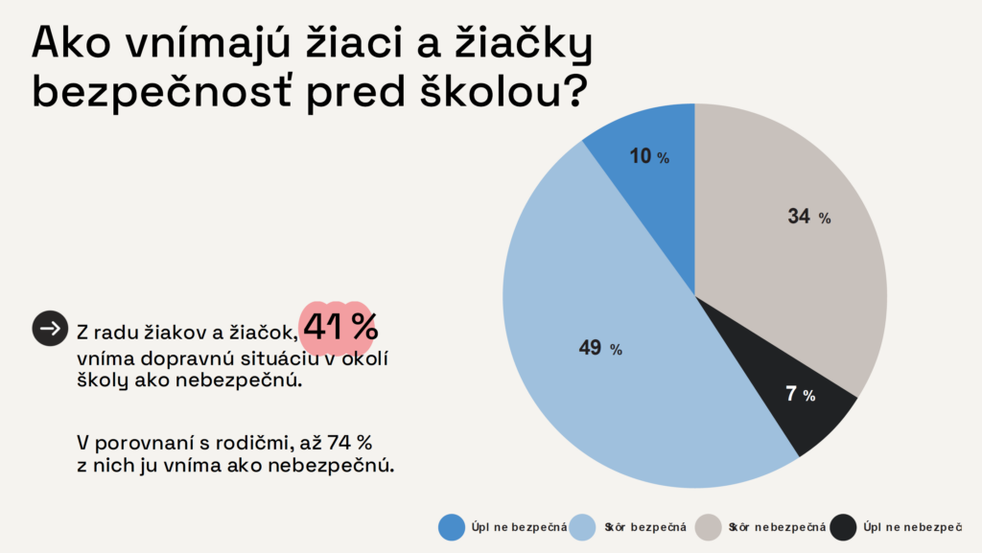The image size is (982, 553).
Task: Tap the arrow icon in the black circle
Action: coord(50,329)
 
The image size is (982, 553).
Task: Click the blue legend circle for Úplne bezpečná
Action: coord(452,527)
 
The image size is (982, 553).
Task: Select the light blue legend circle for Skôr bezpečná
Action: coord(582,527)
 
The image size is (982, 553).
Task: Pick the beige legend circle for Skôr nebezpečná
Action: coord(709,527)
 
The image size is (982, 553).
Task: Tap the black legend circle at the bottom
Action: coord(844,527)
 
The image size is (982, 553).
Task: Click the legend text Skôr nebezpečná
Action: coord(778,527)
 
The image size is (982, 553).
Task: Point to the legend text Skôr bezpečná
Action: coord(646,527)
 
